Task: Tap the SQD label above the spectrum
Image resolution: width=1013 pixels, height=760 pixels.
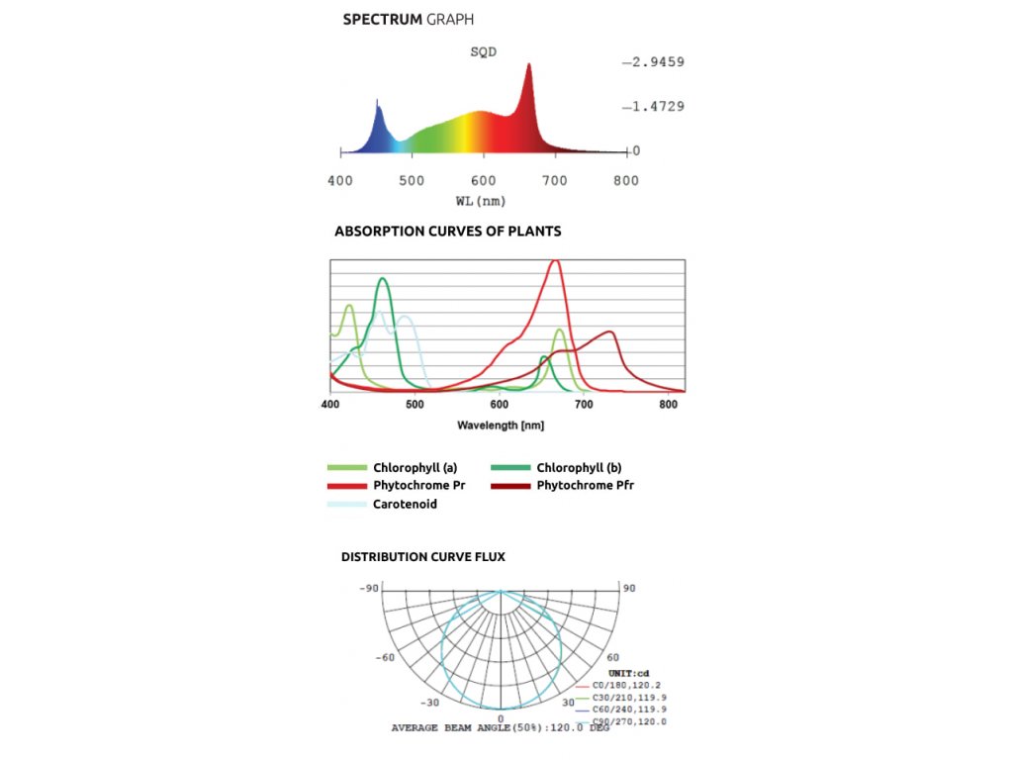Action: [x=483, y=52]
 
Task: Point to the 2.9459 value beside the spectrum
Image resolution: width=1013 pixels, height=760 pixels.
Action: [x=655, y=62]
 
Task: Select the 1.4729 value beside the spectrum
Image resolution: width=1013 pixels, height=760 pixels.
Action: [x=655, y=106]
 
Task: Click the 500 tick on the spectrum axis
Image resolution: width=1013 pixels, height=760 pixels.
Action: [x=412, y=181]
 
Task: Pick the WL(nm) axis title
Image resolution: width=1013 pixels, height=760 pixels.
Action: [x=481, y=201]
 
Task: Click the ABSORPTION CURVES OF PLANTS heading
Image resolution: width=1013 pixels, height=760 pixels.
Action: [x=448, y=232]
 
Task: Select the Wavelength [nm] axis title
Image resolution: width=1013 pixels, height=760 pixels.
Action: [x=501, y=425]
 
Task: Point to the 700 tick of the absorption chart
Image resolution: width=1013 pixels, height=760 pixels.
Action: [x=584, y=406]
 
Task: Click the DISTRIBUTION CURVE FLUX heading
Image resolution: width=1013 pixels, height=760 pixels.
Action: [x=423, y=557]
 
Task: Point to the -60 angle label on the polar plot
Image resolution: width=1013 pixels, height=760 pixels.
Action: [x=386, y=657]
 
